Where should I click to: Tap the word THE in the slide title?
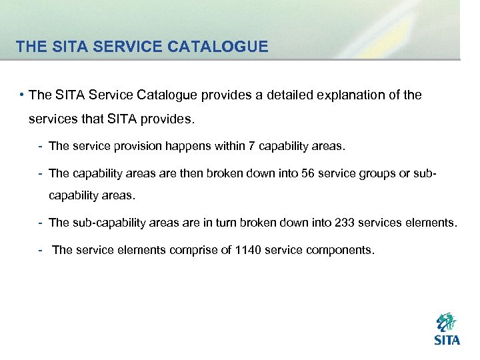point(29,47)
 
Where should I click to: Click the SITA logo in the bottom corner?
point(447,329)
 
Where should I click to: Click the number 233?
point(337,223)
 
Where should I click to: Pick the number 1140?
point(249,250)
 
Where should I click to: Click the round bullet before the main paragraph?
point(22,95)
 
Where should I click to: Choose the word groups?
point(381,173)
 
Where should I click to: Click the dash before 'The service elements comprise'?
point(41,250)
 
